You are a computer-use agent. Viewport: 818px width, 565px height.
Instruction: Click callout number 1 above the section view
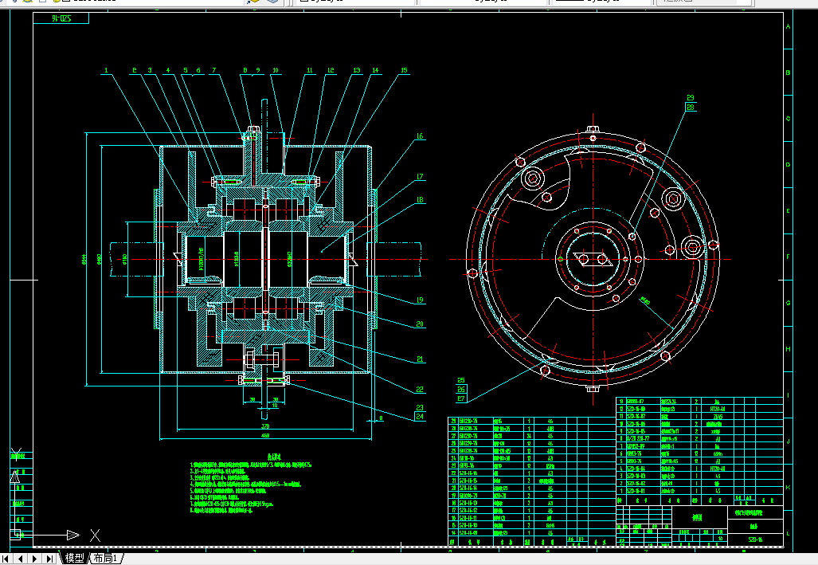[104, 71]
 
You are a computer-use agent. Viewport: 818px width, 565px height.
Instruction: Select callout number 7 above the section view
[213, 71]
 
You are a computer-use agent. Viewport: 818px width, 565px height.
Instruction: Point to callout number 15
[403, 71]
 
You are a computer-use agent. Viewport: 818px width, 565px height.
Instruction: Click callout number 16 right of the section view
[420, 136]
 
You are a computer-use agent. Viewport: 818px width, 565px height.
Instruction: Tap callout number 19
[420, 300]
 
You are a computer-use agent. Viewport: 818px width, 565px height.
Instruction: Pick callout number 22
[420, 390]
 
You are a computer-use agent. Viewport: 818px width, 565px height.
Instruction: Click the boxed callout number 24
[420, 417]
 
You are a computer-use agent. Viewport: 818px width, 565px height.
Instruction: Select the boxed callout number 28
[690, 106]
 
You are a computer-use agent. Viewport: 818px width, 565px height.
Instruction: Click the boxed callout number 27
[461, 398]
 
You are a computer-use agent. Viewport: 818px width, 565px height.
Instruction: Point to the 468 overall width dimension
[265, 436]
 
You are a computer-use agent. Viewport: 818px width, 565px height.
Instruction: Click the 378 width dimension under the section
[264, 426]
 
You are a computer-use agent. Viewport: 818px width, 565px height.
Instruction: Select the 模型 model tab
[74, 558]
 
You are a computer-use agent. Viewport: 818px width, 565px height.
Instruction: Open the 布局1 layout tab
[105, 558]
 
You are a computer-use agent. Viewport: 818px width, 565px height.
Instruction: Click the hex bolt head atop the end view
[592, 129]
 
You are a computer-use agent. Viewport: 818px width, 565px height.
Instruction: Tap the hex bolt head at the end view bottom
[592, 389]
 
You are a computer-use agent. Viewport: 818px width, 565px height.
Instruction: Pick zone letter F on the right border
[789, 257]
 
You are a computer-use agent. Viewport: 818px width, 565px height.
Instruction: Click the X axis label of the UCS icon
[95, 534]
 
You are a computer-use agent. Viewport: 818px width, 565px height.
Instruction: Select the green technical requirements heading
[275, 457]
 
